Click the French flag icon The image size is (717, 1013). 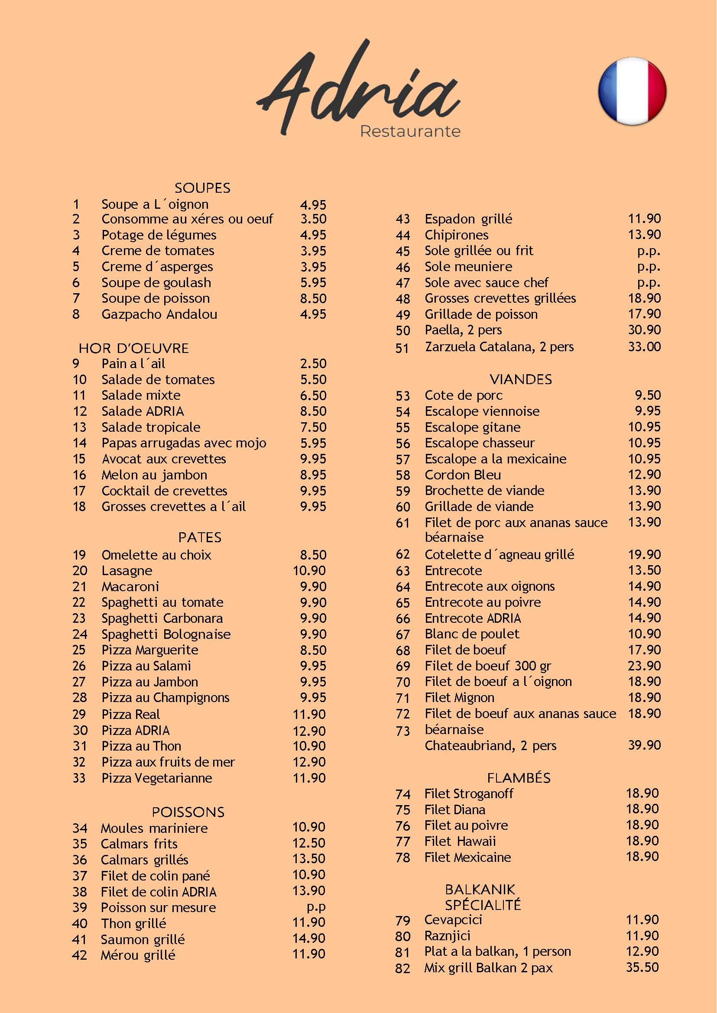pyautogui.click(x=632, y=91)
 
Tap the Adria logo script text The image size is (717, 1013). pyautogui.click(x=357, y=91)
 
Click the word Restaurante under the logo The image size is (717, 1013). pyautogui.click(x=410, y=132)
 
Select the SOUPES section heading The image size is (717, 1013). pyautogui.click(x=202, y=188)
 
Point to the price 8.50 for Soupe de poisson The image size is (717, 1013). pyautogui.click(x=313, y=298)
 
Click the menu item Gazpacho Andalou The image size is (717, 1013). pyautogui.click(x=159, y=314)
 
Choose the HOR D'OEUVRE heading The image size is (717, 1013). pyautogui.click(x=134, y=348)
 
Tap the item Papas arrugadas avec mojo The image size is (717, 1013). pyautogui.click(x=184, y=443)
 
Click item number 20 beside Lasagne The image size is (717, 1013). pyautogui.click(x=80, y=570)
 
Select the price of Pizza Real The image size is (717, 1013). pyautogui.click(x=309, y=714)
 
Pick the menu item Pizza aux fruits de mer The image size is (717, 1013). pyautogui.click(x=168, y=762)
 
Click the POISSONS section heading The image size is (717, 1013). pyautogui.click(x=188, y=812)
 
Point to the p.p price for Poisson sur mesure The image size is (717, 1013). pyautogui.click(x=316, y=907)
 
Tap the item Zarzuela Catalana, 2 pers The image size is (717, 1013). pyautogui.click(x=500, y=347)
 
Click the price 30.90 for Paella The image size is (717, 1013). pyautogui.click(x=644, y=330)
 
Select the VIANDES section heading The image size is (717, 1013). pyautogui.click(x=521, y=379)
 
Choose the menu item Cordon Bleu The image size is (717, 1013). pyautogui.click(x=463, y=475)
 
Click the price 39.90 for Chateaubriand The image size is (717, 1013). pyautogui.click(x=644, y=745)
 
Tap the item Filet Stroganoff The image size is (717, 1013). pyautogui.click(x=469, y=793)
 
